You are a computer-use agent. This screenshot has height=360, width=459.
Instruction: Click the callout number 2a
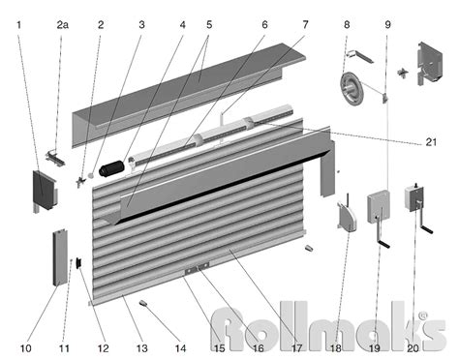[x=63, y=25]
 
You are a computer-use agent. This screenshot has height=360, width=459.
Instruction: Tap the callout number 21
[x=431, y=142]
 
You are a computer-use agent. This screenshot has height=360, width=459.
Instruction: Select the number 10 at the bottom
[x=26, y=348]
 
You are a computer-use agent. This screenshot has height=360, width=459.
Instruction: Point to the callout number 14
[x=181, y=348]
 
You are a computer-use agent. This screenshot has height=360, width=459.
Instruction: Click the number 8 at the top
[x=347, y=25]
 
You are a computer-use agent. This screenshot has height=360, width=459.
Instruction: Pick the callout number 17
[x=296, y=348]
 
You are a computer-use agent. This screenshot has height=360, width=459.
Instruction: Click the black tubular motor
[x=111, y=168]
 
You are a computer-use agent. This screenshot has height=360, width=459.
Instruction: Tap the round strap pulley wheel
[x=352, y=89]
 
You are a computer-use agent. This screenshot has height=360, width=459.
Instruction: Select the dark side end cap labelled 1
[x=45, y=191]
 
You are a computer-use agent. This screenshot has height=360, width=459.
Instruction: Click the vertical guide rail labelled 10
[x=60, y=257]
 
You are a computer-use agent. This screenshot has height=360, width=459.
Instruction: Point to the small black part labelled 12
[x=78, y=263]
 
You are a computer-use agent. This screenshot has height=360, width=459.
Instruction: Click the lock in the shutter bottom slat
[x=197, y=268]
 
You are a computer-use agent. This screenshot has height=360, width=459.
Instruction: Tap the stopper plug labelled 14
[x=143, y=303]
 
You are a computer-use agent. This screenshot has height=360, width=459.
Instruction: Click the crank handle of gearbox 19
[x=382, y=234]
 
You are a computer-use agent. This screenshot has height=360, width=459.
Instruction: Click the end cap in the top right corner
[x=430, y=63]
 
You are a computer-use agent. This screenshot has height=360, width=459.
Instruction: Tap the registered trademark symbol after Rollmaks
[x=423, y=315]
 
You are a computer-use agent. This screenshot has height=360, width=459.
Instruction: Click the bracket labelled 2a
[x=55, y=158]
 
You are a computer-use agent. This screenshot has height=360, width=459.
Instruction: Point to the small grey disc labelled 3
[x=91, y=176]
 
